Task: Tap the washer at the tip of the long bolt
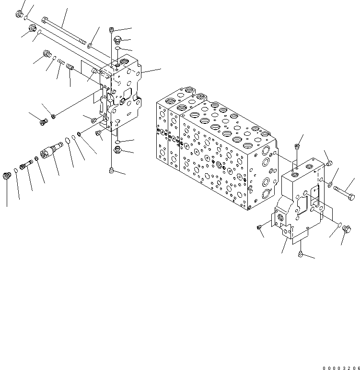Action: [90, 46]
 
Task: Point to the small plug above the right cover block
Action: [297, 146]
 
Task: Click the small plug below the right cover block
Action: [300, 254]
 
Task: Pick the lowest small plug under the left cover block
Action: [112, 169]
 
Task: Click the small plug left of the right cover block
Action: [260, 226]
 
